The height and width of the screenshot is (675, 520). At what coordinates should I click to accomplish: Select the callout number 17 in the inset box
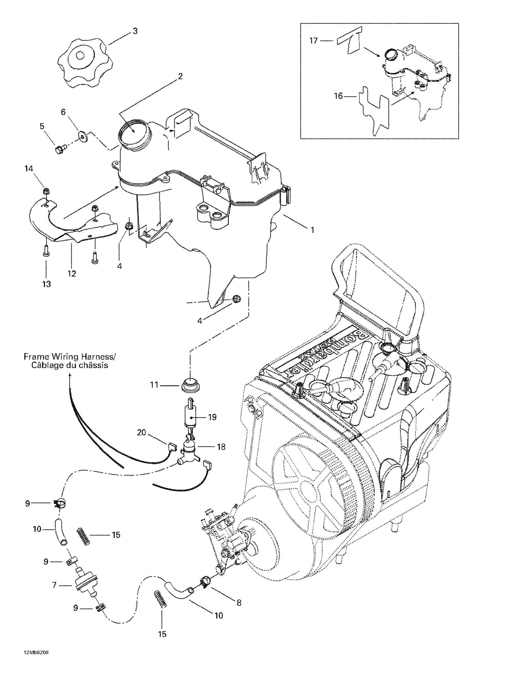(x=314, y=40)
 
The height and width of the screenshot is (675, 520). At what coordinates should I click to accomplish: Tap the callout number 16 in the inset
(x=339, y=96)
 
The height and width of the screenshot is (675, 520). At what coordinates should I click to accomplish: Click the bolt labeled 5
(x=59, y=150)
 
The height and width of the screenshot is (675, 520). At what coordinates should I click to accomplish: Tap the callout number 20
(x=141, y=432)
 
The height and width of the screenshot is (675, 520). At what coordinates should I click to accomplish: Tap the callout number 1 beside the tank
(x=312, y=230)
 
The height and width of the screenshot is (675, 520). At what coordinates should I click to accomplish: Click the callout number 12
(x=72, y=274)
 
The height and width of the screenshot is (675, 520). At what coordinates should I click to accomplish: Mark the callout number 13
(x=46, y=284)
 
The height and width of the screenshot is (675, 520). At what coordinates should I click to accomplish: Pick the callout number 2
(x=180, y=76)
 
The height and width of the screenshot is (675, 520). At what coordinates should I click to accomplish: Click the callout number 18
(x=221, y=447)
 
